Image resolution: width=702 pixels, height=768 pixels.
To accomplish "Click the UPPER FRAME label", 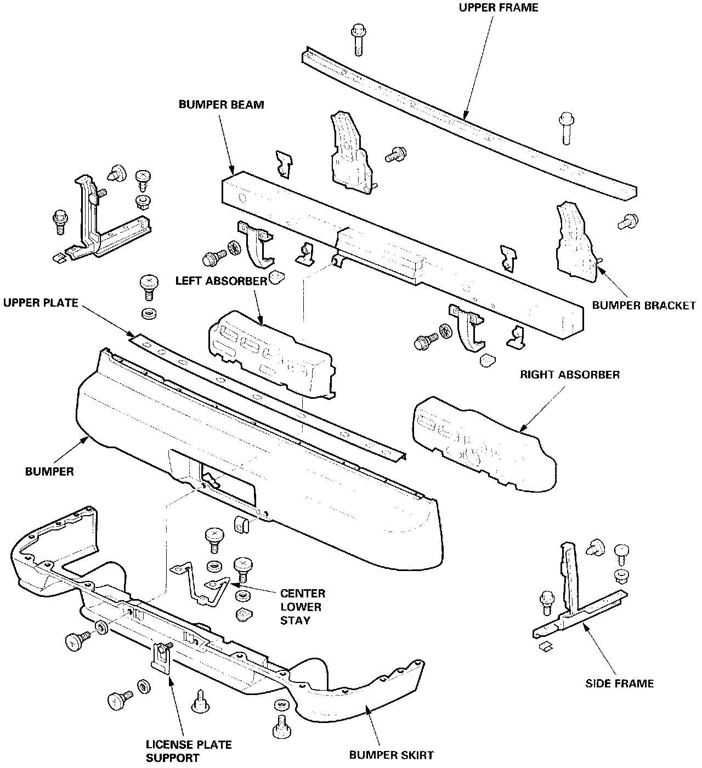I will (497, 8).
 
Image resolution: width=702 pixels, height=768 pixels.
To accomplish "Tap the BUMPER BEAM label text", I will (221, 105).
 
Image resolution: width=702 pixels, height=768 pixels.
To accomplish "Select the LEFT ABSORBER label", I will (221, 281).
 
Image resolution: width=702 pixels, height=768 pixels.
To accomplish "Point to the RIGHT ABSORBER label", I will (570, 375).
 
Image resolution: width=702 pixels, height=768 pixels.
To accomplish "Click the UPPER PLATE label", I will (41, 302).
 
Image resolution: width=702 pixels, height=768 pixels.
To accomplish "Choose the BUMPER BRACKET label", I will (643, 305).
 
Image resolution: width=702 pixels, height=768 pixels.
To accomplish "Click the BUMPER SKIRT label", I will (392, 755).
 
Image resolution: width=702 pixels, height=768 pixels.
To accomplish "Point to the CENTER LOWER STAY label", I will (302, 607).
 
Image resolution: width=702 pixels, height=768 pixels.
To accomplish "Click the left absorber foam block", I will (271, 355).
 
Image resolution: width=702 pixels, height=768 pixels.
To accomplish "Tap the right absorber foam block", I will (483, 444).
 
